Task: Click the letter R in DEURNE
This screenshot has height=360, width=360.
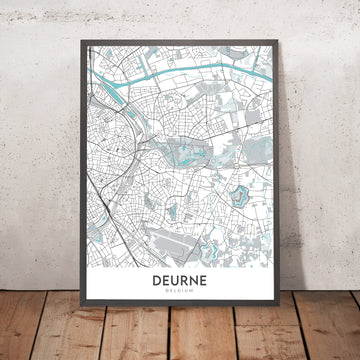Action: pyautogui.click(x=189, y=282)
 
